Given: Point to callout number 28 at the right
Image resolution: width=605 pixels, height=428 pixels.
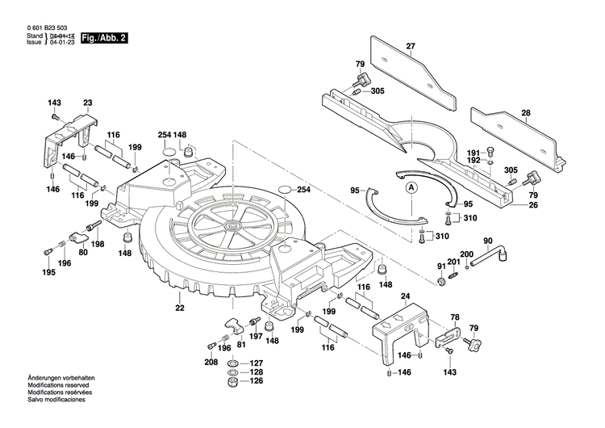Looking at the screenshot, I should click(525, 113).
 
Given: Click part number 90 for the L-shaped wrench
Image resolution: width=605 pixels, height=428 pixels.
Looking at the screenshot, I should click(487, 241).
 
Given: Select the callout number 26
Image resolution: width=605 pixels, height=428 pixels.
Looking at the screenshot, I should click(532, 205).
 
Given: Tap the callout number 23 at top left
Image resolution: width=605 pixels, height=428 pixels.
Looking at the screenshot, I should click(87, 103).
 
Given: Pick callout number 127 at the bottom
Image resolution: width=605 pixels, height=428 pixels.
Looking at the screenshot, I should click(256, 363).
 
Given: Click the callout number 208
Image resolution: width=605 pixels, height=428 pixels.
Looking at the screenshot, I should click(211, 363).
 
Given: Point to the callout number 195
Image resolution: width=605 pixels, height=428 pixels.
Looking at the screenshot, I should click(49, 273).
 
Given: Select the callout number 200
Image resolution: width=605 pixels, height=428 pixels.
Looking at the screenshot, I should click(466, 254).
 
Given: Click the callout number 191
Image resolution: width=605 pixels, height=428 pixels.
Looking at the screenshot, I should click(474, 152).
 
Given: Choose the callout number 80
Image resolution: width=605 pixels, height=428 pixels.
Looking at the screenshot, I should click(83, 251).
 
